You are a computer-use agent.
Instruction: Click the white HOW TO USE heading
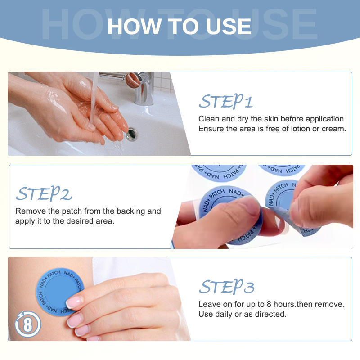(x=179, y=27)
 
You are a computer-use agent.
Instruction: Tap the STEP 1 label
(x=226, y=101)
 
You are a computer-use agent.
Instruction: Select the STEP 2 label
(x=44, y=193)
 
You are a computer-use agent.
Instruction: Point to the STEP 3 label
(x=227, y=287)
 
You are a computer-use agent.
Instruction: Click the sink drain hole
(x=131, y=134)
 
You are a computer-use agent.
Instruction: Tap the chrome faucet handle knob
(x=134, y=80)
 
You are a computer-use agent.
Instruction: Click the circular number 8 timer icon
(x=28, y=324)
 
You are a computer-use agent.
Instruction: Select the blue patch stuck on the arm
(x=59, y=292)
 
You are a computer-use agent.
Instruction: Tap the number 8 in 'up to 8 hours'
(x=269, y=304)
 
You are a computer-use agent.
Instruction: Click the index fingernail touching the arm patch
(x=74, y=301)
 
